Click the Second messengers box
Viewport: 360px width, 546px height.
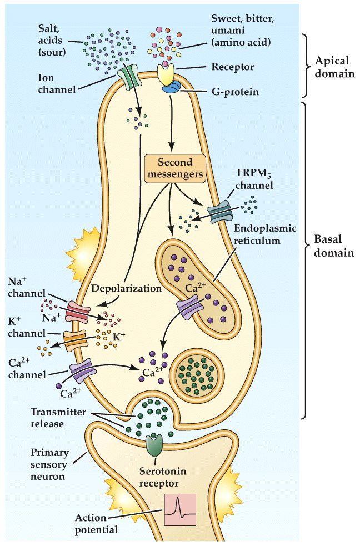[175, 167]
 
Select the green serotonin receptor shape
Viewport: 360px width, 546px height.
[155, 444]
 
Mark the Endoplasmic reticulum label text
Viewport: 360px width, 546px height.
[257, 234]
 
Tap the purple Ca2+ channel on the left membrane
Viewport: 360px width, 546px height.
[81, 369]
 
